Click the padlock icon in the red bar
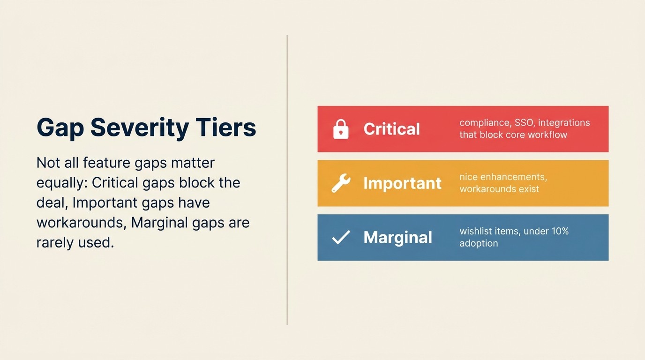[x=341, y=129]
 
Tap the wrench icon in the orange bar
[x=341, y=183]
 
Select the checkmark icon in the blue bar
[x=341, y=238]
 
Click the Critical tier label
[x=391, y=129]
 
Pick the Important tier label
[x=402, y=183]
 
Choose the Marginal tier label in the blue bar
[x=397, y=238]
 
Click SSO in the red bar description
[x=524, y=123]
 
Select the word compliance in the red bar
[x=484, y=123]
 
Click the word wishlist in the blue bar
[x=475, y=231]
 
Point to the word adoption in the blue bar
[x=479, y=243]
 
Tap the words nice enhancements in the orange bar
[x=503, y=177]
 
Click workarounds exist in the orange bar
[x=499, y=189]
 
